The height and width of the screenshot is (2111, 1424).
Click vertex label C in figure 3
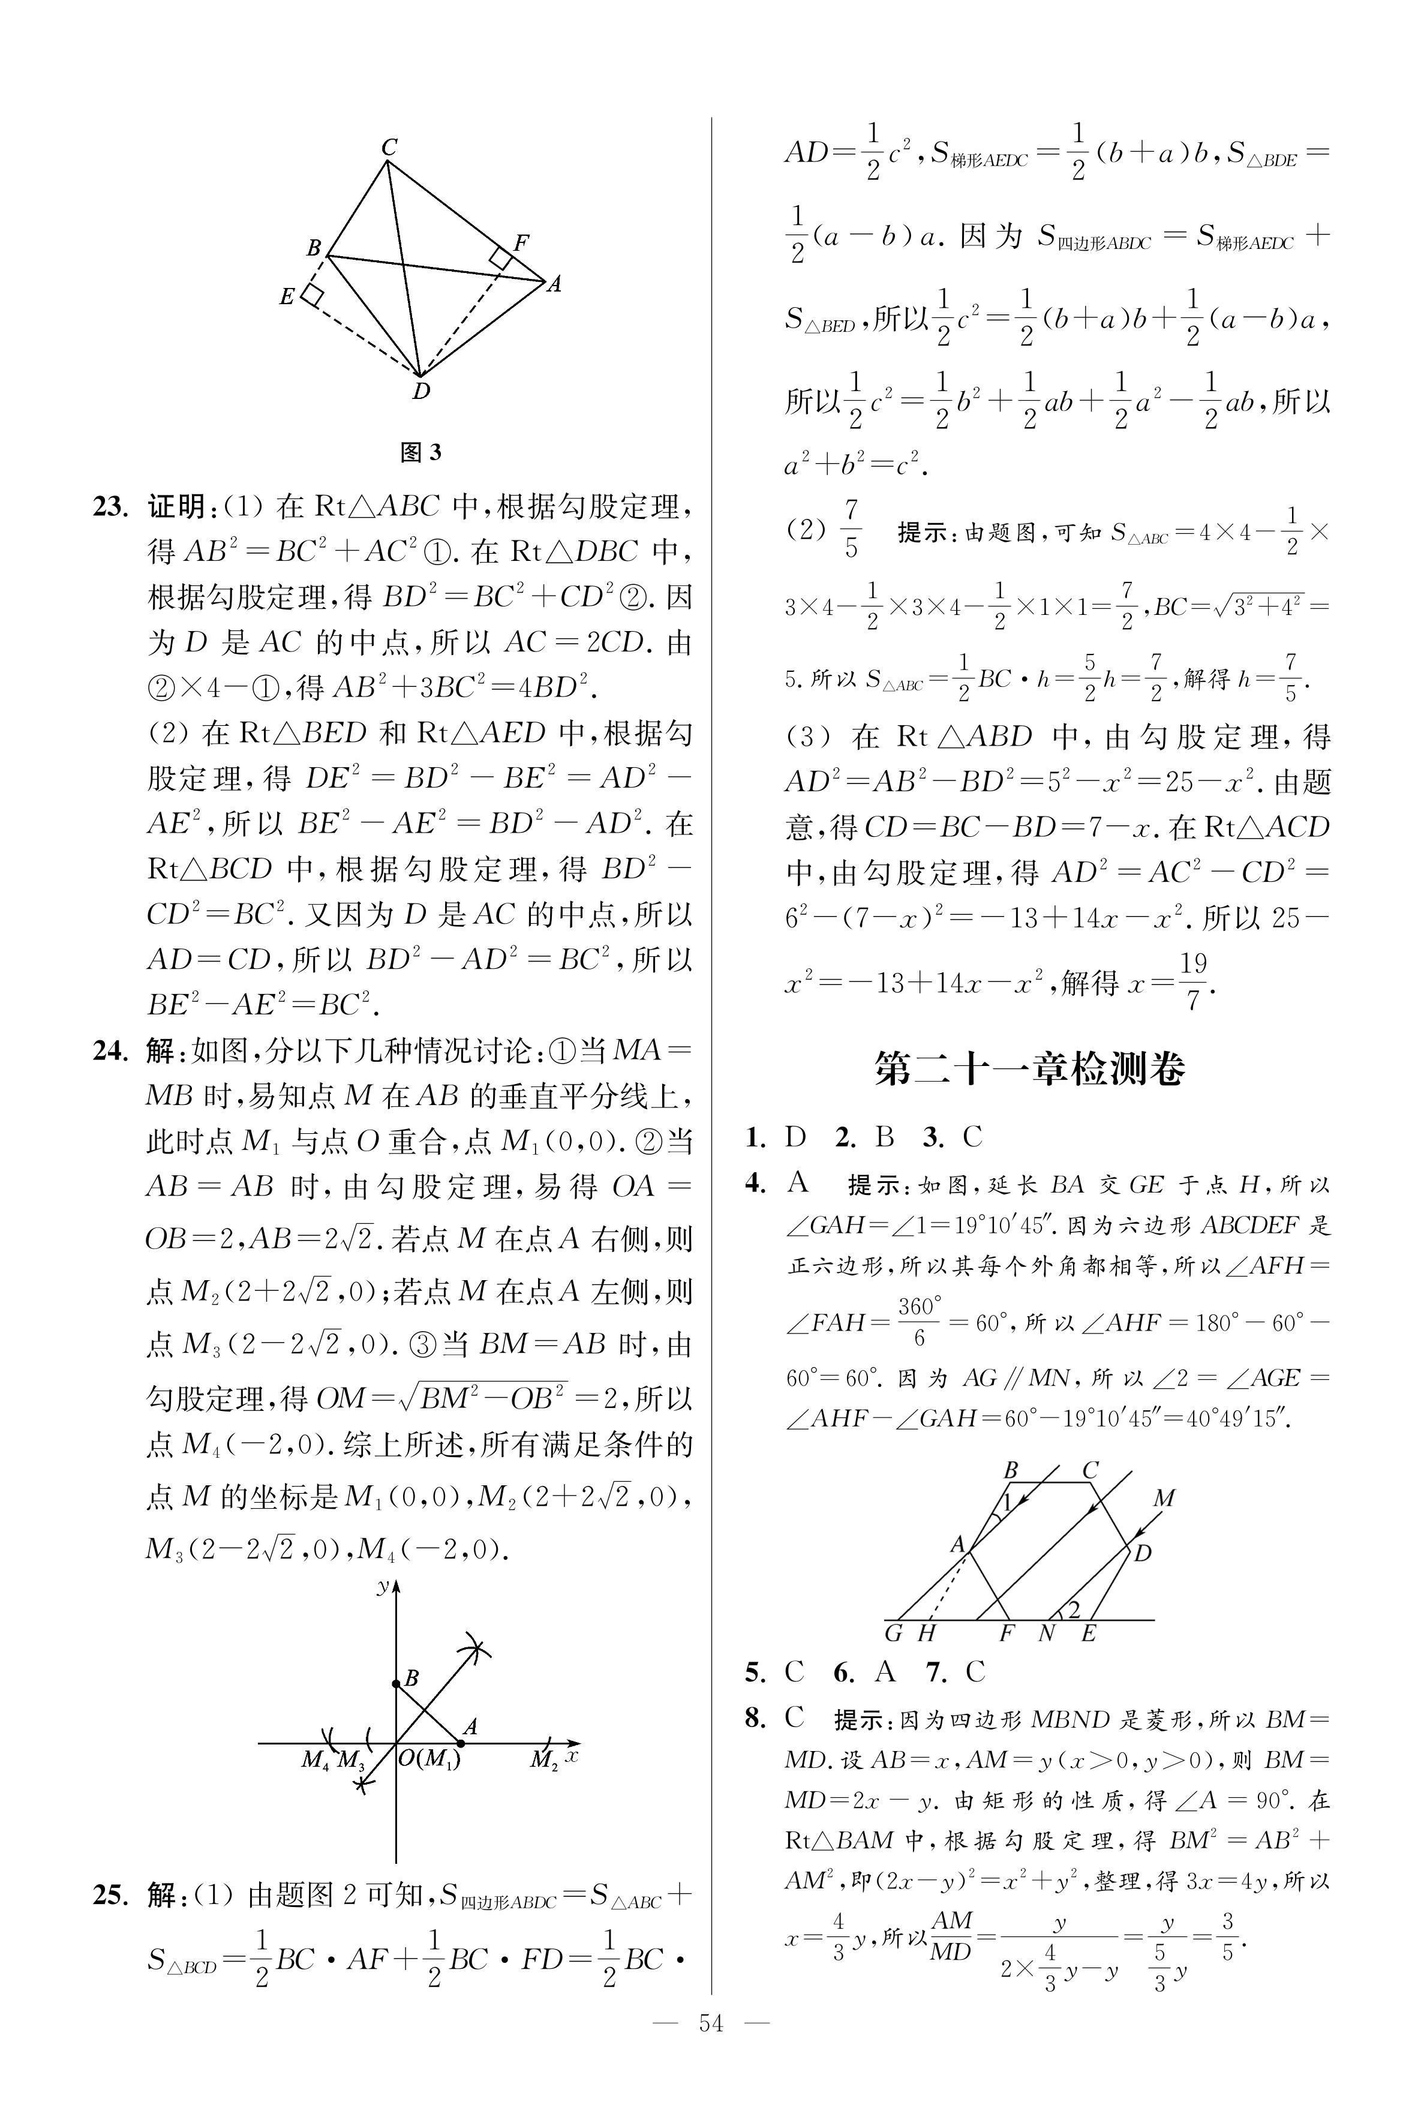389,146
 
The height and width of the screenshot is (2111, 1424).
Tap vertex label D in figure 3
420,392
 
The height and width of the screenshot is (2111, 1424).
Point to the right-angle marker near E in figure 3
313,295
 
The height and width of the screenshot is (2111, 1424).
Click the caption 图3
420,452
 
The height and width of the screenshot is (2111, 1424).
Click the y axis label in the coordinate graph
383,1584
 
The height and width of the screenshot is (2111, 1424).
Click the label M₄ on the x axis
314,1761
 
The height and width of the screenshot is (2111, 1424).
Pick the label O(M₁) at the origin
429,1759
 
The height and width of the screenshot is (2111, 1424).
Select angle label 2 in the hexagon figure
1074,1610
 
